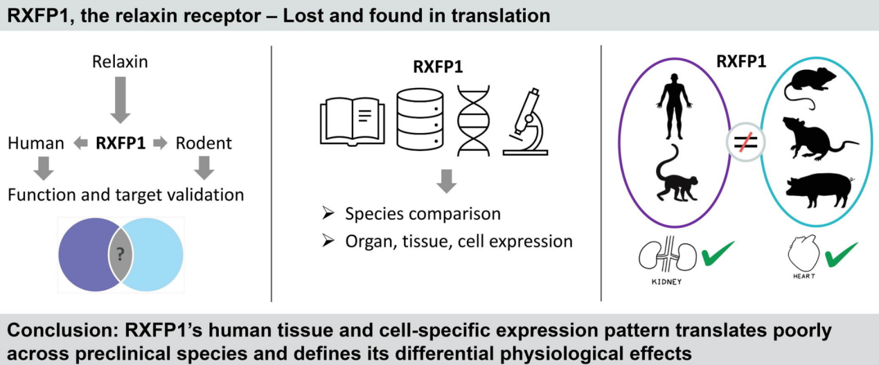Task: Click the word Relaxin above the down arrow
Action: (x=120, y=62)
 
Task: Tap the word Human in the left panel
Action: (x=36, y=144)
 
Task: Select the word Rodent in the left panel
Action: (x=204, y=144)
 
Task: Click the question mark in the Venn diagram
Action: (x=121, y=253)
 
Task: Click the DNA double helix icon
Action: (x=473, y=119)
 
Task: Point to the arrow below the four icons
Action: (x=447, y=182)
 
